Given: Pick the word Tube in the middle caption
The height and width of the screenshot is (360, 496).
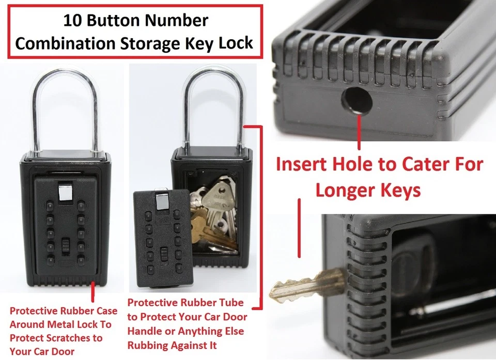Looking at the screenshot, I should point(232,303).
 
